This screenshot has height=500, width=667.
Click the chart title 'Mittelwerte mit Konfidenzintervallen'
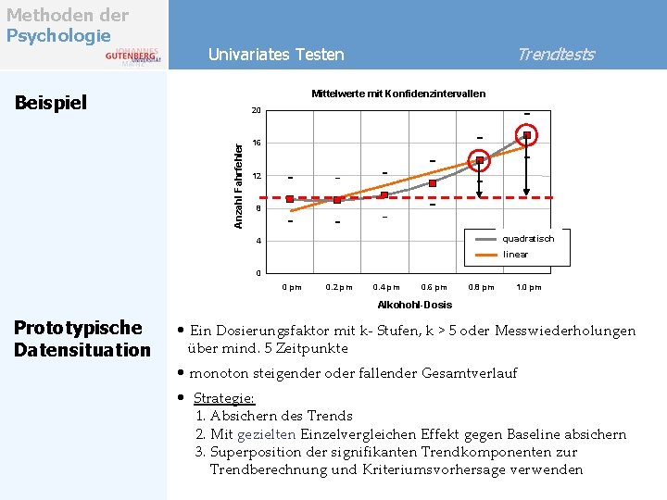coord(397,94)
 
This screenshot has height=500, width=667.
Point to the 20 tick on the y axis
coord(257,111)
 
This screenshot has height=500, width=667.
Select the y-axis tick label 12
coord(257,176)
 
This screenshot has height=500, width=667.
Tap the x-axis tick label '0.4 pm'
coord(386,287)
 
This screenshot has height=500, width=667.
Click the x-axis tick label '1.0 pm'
coord(529,287)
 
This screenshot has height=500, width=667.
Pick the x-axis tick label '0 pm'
coord(291,287)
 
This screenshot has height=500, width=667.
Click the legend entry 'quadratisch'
coord(528,238)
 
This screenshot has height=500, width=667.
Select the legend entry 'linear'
coord(515,254)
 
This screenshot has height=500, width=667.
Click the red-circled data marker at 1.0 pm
coord(527,135)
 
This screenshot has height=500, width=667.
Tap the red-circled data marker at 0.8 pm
coord(480,161)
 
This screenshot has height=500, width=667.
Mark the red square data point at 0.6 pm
coord(433,183)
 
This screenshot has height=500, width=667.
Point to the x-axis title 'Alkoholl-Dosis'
coord(414,305)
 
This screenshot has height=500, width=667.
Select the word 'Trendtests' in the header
coord(555,55)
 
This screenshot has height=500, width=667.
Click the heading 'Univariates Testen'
coord(276,55)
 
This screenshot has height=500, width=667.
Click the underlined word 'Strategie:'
coord(223,398)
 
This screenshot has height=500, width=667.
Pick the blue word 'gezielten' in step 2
coord(268,434)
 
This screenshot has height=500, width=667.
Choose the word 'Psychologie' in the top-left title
coord(58,35)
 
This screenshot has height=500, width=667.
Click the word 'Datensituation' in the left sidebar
coord(82,349)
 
